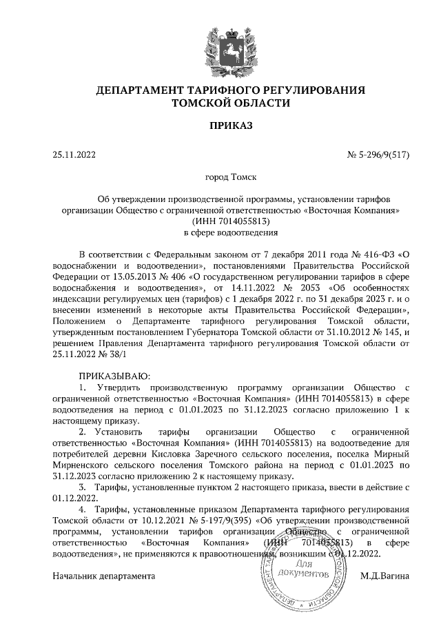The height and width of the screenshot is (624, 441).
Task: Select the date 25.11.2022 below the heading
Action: (x=74, y=155)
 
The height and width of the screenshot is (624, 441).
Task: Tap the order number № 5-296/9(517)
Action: (x=378, y=155)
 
